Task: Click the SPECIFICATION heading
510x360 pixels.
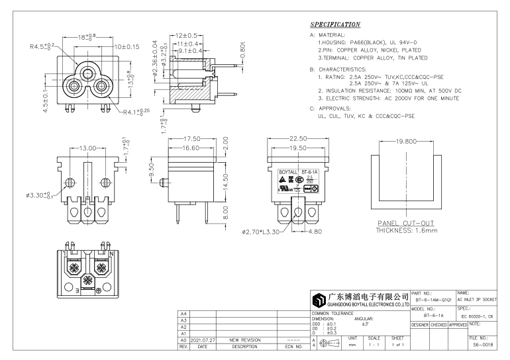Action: point(335,24)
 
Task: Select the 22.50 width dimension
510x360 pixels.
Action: point(297,138)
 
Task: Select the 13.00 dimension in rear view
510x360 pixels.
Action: point(87,148)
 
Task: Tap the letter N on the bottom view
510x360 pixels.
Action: point(111,253)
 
